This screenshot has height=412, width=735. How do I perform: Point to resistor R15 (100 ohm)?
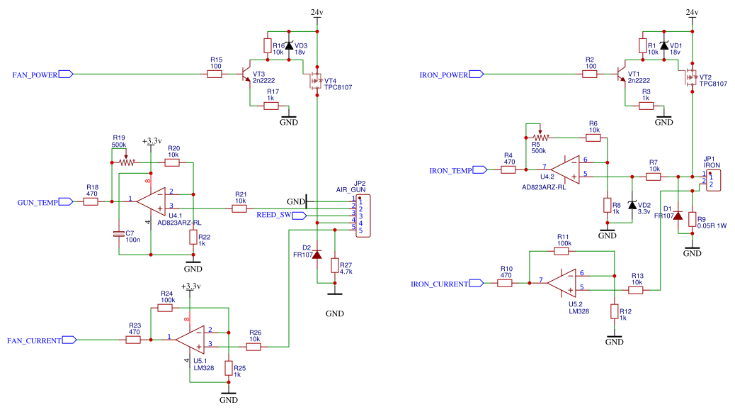click(x=216, y=74)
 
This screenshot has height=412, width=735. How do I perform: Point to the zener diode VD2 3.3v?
click(x=632, y=204)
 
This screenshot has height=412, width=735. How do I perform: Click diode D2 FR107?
click(x=317, y=254)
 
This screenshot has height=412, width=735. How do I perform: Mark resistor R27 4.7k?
click(x=335, y=265)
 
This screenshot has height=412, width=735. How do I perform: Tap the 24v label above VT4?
click(x=317, y=13)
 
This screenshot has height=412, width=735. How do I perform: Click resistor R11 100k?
click(x=563, y=250)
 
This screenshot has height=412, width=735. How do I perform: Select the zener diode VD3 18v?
click(x=289, y=46)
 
